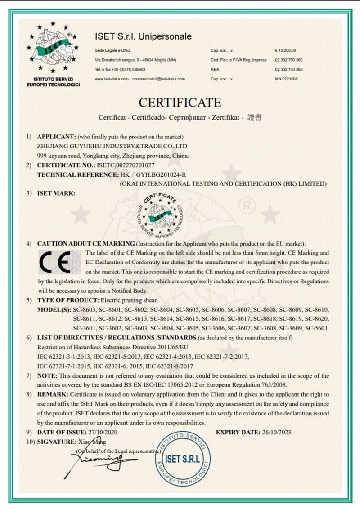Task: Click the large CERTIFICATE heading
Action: coord(180,102)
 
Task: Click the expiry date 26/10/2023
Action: coord(276,433)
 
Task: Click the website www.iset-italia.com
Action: coord(112,79)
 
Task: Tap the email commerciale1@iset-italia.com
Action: coord(158,79)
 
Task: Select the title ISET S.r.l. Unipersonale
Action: coord(143,36)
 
